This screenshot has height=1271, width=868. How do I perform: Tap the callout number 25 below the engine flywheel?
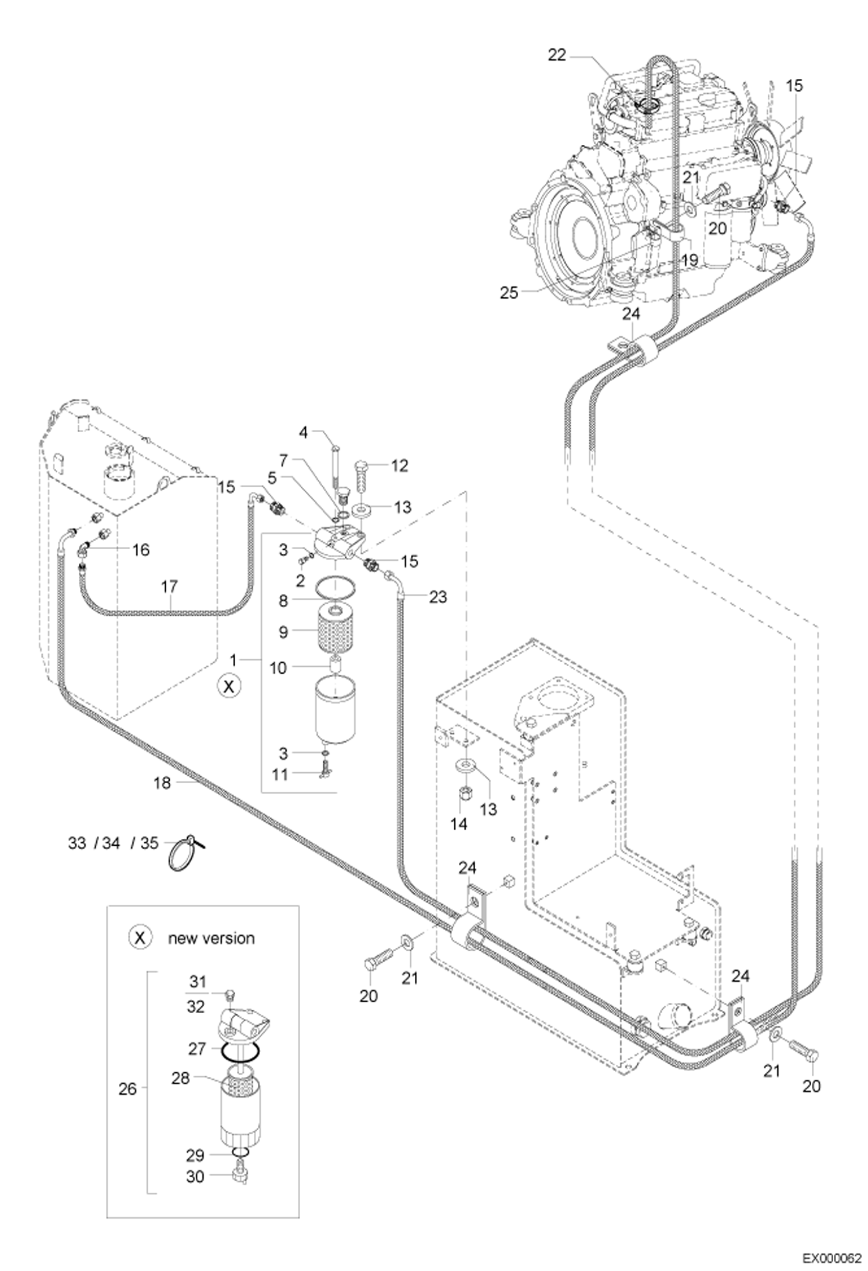[x=509, y=293]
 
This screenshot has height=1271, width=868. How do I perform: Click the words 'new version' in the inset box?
[x=211, y=938]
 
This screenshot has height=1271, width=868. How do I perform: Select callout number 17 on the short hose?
[x=169, y=587]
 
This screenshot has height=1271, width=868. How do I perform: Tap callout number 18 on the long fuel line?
[x=162, y=783]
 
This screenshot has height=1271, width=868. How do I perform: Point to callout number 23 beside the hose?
[x=438, y=597]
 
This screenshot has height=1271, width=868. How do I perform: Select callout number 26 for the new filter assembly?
[x=127, y=1089]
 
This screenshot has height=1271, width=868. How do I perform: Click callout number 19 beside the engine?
[x=690, y=260]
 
